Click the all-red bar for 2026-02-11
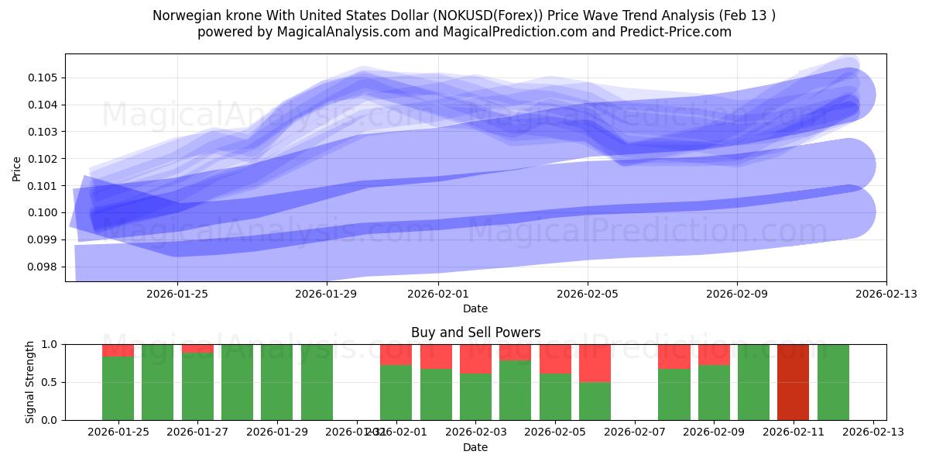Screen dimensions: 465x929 coord(793,382)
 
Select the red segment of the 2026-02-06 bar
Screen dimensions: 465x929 coord(595,363)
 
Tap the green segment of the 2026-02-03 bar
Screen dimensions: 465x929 coord(475,397)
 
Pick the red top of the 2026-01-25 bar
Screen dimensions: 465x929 coord(118,350)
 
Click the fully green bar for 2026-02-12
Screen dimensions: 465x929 coord(833,382)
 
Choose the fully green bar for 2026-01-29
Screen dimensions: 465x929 coord(276,382)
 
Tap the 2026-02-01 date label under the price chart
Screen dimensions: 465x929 coord(438,294)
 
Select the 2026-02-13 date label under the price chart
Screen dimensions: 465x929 coord(886,294)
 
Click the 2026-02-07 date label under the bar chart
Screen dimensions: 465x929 coord(634,432)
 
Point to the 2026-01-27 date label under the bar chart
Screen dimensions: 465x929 coord(197,432)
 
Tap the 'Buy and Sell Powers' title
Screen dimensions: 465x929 coord(475,332)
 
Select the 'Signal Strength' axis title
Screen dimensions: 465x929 coord(31,382)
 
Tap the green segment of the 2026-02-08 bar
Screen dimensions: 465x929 coord(674,394)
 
